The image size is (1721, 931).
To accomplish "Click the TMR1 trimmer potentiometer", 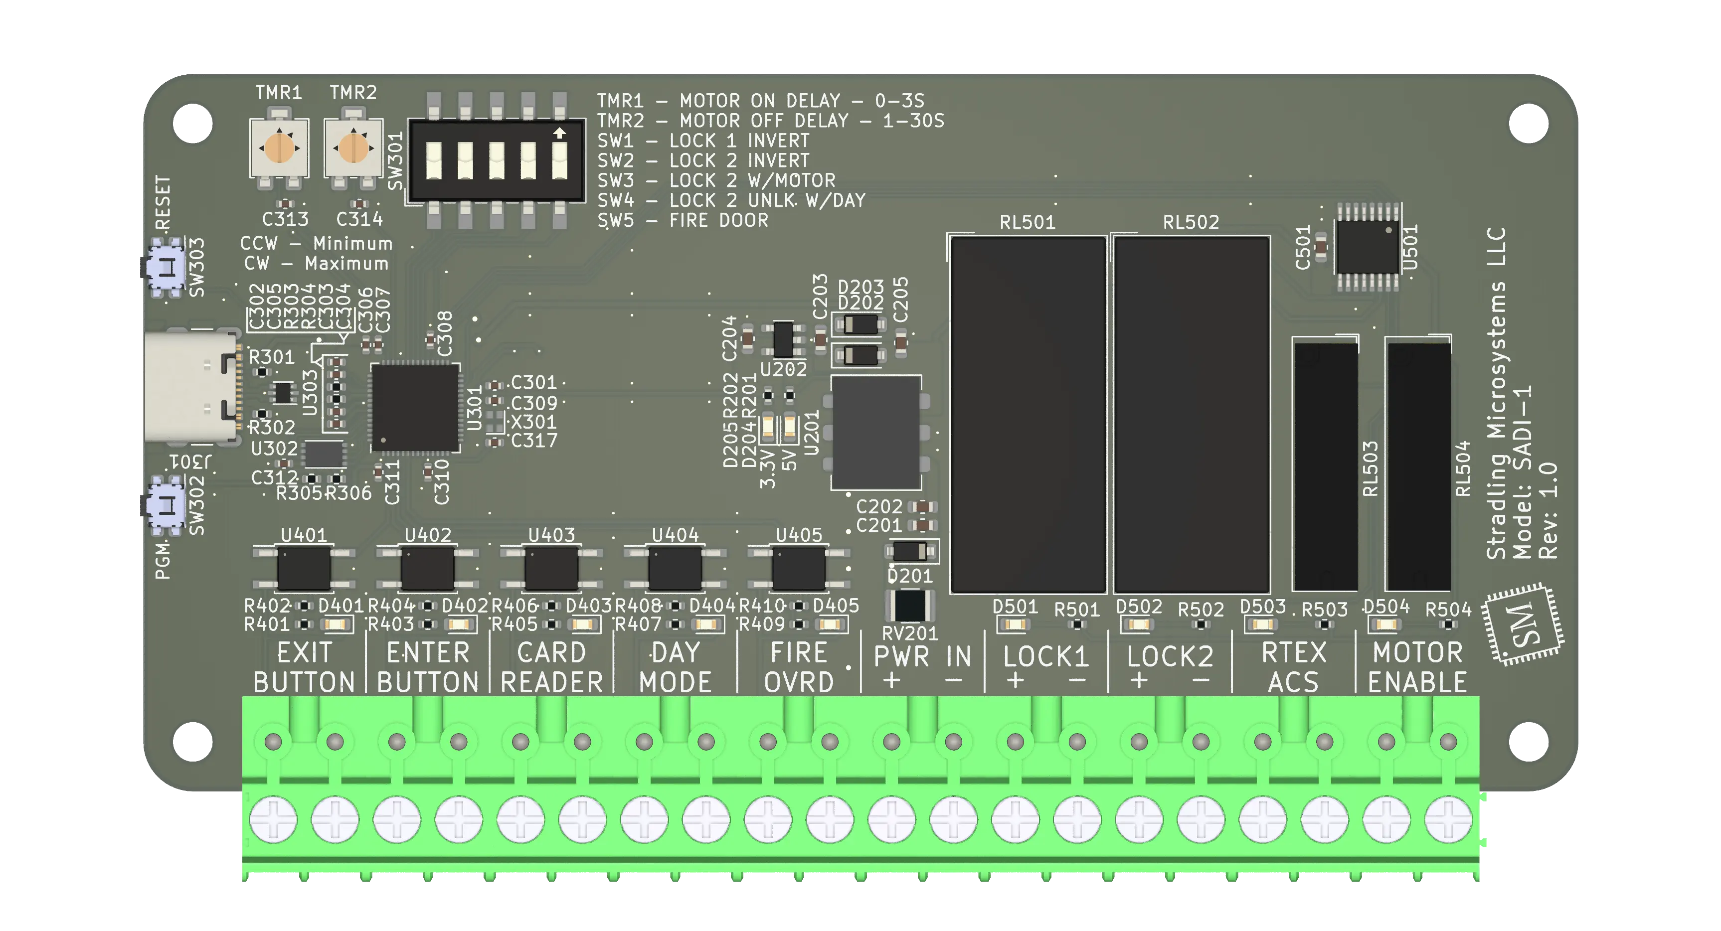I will click(279, 148).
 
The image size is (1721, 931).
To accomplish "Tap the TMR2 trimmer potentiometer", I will click(353, 148).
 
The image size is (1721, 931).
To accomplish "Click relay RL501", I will click(1028, 414).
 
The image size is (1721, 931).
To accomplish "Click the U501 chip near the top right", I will click(1367, 248).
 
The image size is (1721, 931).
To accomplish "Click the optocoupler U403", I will click(551, 568).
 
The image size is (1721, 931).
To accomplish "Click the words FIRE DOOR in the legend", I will click(718, 220).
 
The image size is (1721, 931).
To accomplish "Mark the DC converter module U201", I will click(876, 433).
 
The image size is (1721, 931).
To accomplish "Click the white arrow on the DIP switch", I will click(559, 134).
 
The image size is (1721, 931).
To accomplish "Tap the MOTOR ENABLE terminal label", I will click(1417, 667).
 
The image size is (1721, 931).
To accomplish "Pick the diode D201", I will click(910, 552).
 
